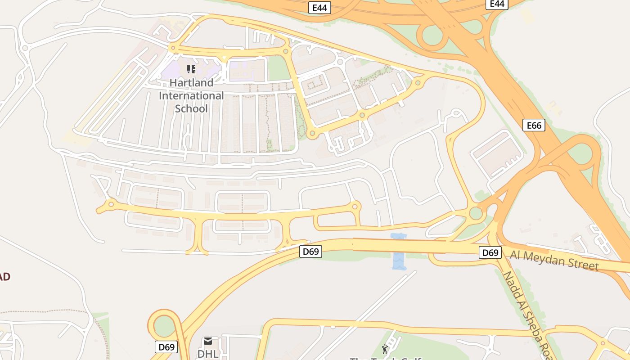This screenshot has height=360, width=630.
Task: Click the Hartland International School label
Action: (x=191, y=96)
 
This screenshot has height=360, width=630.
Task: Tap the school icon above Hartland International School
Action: (x=191, y=69)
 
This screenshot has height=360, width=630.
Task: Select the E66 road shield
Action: (x=534, y=125)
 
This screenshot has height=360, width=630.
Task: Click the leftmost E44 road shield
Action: (x=319, y=8)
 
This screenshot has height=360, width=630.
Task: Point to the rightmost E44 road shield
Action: (x=497, y=4)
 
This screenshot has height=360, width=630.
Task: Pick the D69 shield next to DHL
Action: (x=166, y=347)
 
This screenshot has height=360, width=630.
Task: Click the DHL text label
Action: (x=208, y=354)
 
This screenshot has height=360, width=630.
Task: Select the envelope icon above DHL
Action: (x=208, y=341)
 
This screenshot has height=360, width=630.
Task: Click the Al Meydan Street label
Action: (x=554, y=261)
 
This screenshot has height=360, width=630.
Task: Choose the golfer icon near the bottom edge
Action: (x=385, y=349)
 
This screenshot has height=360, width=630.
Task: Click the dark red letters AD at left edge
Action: (x=4, y=277)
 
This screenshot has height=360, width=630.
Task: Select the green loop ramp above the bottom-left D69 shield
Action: (x=165, y=325)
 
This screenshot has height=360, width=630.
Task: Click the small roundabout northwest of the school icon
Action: (x=173, y=47)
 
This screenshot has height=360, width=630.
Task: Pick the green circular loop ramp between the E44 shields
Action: (x=433, y=35)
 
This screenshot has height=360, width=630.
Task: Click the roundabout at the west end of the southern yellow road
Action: (x=111, y=205)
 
